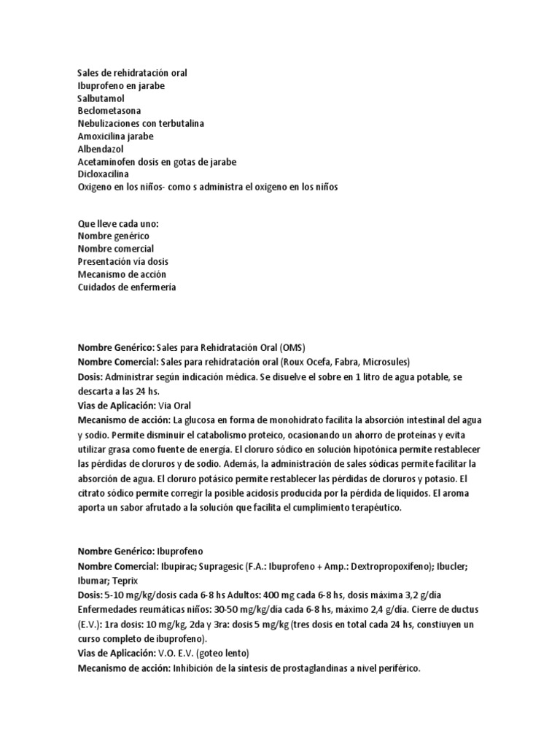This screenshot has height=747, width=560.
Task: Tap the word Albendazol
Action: click(x=101, y=148)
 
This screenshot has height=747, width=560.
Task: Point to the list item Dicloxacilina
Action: click(x=105, y=174)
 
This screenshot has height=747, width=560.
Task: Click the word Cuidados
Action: click(x=98, y=287)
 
